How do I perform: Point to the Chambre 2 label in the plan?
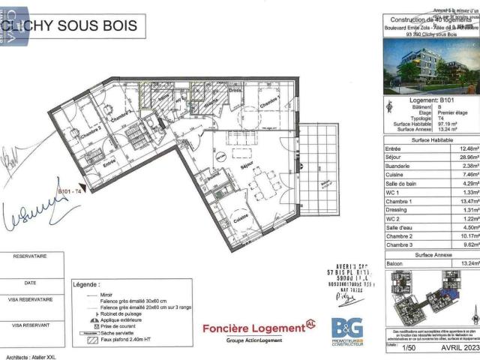click(x=91, y=130)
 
